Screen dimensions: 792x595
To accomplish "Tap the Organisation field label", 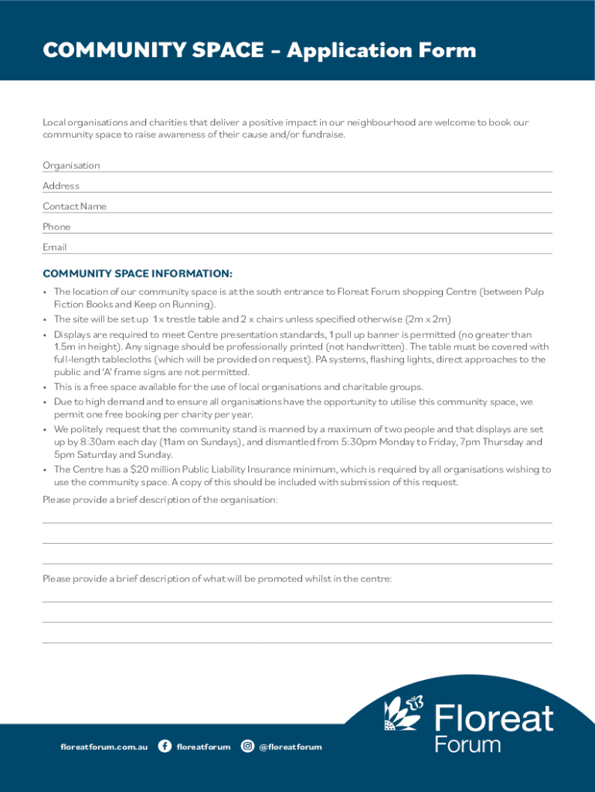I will click(x=71, y=166).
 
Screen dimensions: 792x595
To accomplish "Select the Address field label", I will click(x=61, y=186).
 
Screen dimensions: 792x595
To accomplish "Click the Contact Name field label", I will click(x=74, y=207).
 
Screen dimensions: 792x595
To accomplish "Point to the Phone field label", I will click(x=56, y=227).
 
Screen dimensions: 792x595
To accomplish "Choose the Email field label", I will click(x=55, y=247).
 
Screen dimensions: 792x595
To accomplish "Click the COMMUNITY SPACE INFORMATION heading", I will click(x=138, y=274).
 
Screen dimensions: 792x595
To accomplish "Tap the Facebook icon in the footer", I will click(x=165, y=746).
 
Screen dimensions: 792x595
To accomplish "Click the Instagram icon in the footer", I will click(x=248, y=746).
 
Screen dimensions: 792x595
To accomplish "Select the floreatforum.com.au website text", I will click(x=104, y=747).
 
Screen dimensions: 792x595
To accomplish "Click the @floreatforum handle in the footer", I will click(x=291, y=747).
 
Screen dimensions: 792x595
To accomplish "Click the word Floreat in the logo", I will click(x=494, y=719).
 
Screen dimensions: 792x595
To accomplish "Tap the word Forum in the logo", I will click(x=467, y=746).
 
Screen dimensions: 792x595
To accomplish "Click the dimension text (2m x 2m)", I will click(x=429, y=319).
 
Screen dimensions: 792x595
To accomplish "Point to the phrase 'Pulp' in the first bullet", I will click(x=534, y=292).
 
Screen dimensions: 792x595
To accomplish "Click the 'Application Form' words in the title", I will click(x=383, y=51).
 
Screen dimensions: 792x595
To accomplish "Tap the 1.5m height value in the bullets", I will click(x=66, y=347).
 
